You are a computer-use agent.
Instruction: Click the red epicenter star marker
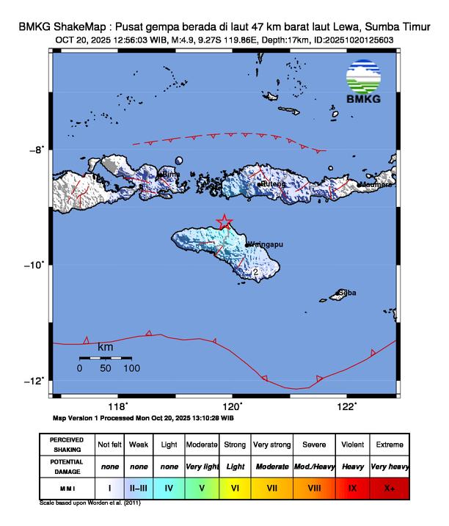click(x=225, y=222)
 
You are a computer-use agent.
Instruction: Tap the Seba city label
click(x=347, y=293)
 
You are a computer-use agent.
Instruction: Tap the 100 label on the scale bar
click(x=131, y=368)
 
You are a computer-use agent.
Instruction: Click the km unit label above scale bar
click(x=106, y=346)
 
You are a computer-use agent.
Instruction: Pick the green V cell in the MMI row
click(x=201, y=486)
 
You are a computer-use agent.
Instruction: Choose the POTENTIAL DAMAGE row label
click(x=67, y=466)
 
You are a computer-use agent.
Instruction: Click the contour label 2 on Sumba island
click(x=255, y=272)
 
